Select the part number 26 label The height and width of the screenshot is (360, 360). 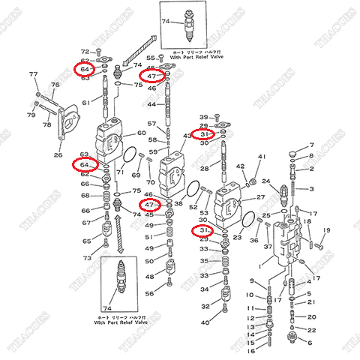58,155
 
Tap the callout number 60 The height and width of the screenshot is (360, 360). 141,133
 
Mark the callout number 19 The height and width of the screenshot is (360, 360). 326,229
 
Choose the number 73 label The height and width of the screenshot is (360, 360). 87,258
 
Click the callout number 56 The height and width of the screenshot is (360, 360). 149,293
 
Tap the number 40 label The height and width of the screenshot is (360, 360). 205,322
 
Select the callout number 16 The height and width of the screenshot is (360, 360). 252,349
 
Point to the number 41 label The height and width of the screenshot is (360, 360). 262,157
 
